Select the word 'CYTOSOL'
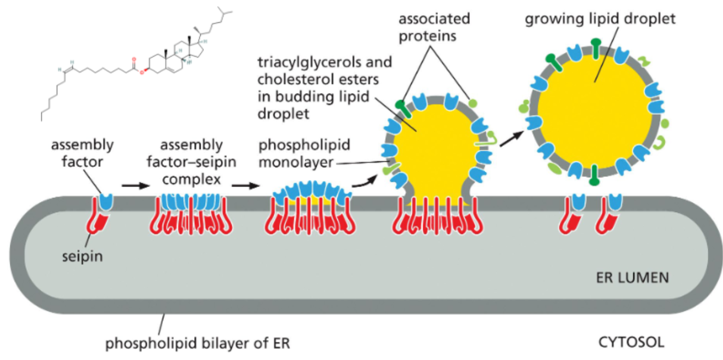(631, 343)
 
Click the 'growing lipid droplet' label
(600, 19)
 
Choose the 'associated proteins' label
(434, 28)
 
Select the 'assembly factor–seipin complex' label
(192, 162)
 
